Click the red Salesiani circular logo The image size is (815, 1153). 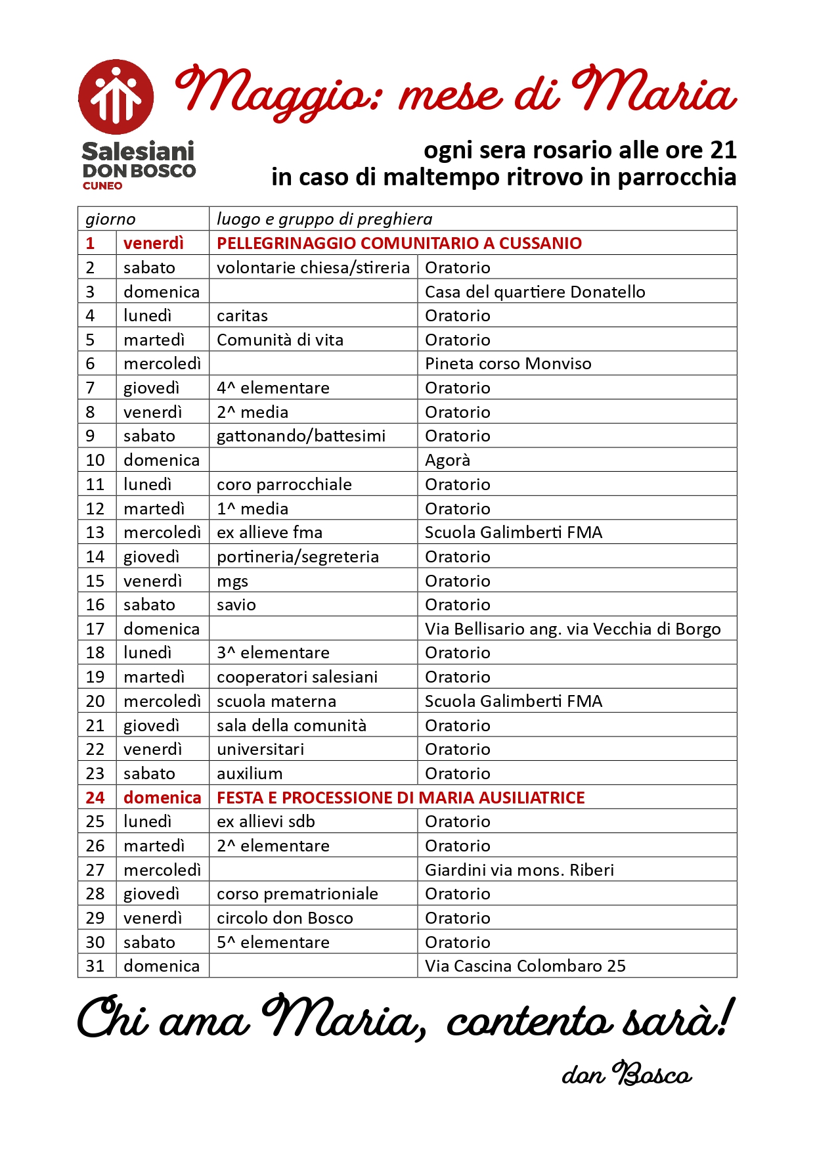116,97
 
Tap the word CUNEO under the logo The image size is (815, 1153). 102,186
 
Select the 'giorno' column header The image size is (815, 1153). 110,219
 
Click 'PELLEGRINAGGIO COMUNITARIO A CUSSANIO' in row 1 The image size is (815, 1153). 399,243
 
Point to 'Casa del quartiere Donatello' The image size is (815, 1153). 535,292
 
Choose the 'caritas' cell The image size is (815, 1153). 242,316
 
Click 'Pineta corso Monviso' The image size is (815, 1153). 508,364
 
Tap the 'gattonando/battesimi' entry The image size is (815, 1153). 301,436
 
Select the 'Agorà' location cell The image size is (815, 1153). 447,461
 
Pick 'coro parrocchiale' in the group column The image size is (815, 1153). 284,485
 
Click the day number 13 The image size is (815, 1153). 95,533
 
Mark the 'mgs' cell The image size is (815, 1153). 232,581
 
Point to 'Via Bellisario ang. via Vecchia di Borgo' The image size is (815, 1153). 572,629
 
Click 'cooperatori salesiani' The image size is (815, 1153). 297,677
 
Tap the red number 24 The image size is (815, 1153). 95,798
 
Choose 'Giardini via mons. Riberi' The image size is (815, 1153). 519,870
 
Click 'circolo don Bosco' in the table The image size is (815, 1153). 284,918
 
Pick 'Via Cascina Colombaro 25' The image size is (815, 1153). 525,966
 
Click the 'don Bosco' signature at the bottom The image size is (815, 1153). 627,1075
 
